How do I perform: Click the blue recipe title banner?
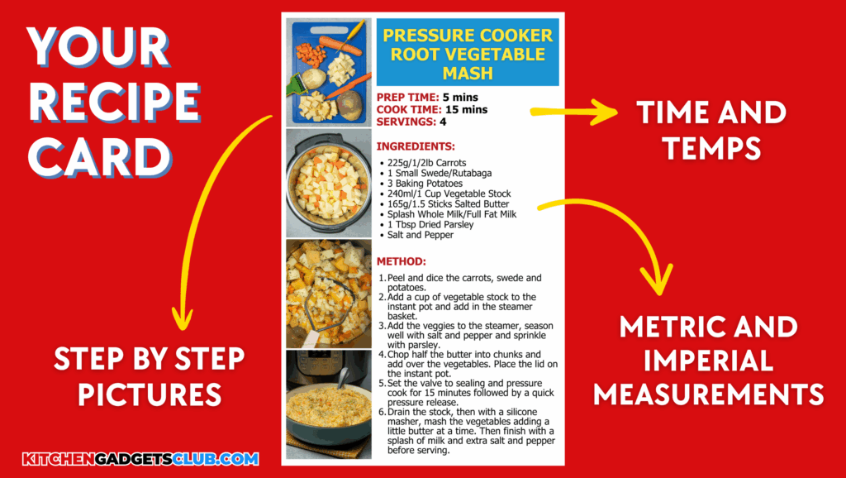tap(468, 53)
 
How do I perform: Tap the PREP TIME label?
tap(408, 98)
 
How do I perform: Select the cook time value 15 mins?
tap(466, 110)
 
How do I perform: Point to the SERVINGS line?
tap(411, 122)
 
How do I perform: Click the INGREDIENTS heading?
tap(416, 146)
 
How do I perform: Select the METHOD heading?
tap(402, 261)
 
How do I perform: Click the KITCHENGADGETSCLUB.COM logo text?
tap(140, 459)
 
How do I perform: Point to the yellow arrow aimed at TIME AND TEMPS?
tap(574, 112)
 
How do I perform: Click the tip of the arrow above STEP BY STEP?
tap(182, 330)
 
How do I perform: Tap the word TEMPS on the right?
tap(711, 148)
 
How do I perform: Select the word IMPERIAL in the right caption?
tap(708, 361)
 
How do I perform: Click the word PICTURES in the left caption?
tap(150, 394)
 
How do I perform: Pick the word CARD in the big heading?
tap(100, 156)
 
